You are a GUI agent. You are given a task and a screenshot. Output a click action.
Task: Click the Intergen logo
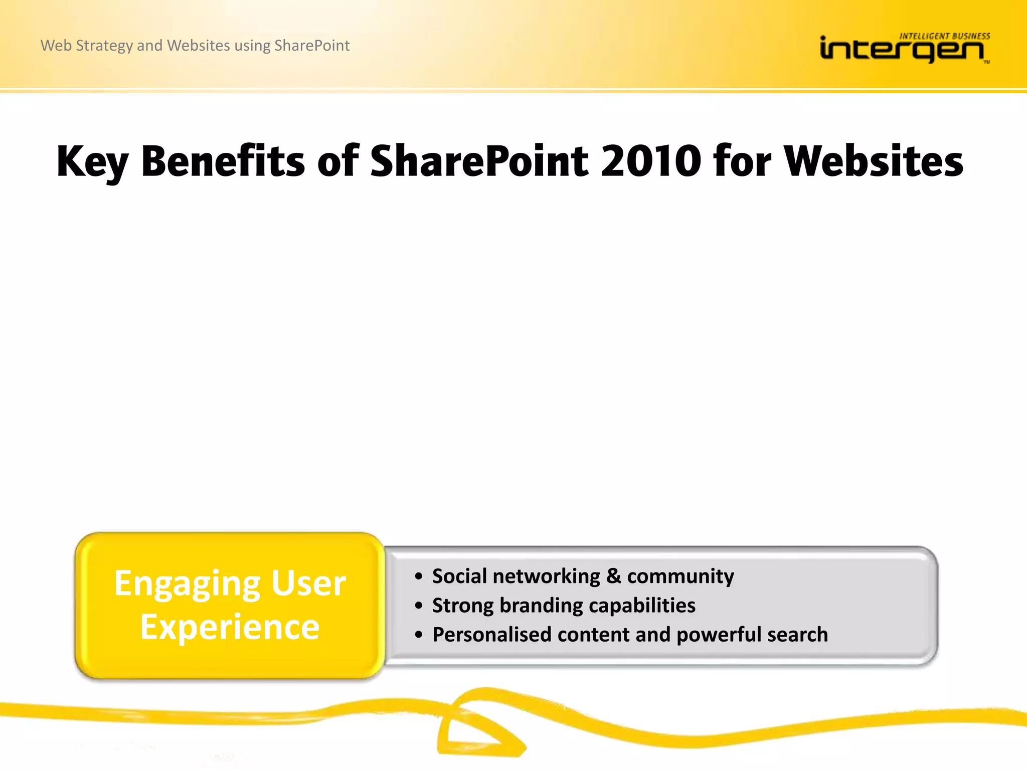point(903,50)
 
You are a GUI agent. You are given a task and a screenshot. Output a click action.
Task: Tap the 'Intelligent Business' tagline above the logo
point(944,36)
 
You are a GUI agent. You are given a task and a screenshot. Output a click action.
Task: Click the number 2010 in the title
point(650,161)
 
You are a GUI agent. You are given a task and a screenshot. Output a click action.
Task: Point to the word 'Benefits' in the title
point(223,161)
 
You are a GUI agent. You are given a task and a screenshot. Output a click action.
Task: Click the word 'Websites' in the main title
point(873,161)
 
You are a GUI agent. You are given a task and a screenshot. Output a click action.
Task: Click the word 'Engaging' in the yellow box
point(187,584)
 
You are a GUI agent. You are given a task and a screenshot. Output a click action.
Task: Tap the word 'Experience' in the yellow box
point(230,627)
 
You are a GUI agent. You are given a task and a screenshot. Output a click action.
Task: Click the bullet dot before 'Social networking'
point(419,577)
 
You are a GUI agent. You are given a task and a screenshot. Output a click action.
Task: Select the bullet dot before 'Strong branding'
point(419,606)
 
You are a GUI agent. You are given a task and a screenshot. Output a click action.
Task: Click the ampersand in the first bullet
point(613,576)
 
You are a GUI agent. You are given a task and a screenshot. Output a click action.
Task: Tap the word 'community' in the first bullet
point(680,576)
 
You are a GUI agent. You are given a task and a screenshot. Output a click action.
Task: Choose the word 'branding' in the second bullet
point(541,606)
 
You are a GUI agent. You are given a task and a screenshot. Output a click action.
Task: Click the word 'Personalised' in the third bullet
point(492,635)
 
